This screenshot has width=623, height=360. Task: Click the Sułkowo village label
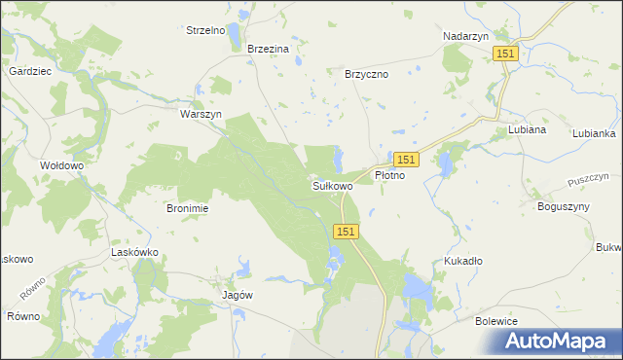click(x=332, y=185)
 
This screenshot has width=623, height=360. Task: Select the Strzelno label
click(x=205, y=30)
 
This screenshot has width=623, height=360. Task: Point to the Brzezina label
click(x=269, y=50)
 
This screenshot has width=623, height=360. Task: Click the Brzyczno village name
click(x=367, y=74)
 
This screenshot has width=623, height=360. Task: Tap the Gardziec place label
click(x=30, y=72)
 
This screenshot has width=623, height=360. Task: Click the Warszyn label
click(x=202, y=114)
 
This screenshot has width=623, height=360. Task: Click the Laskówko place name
click(x=135, y=252)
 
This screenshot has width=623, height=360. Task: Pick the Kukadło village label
click(x=463, y=261)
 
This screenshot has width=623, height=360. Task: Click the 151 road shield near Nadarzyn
click(x=504, y=54)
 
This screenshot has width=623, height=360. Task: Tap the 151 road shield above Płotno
click(x=407, y=159)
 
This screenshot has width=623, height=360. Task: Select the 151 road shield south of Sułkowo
click(x=348, y=231)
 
